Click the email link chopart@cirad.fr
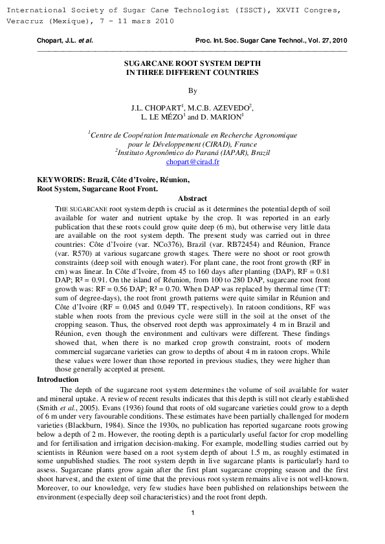(192, 162)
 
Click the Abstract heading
(192, 199)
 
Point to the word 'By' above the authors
(192, 91)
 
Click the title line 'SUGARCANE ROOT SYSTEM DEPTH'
(192, 64)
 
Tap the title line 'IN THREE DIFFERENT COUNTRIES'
(192, 73)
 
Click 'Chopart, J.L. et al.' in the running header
(65, 40)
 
